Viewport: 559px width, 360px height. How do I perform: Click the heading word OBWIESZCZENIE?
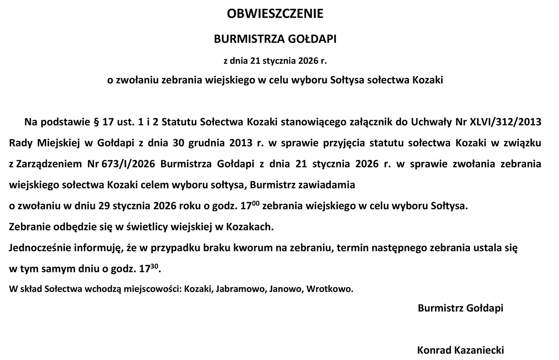pos(275,14)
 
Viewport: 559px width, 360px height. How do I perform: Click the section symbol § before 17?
pos(97,122)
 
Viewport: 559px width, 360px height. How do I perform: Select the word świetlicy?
pos(148,227)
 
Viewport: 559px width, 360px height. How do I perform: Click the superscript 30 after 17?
pos(154,266)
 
